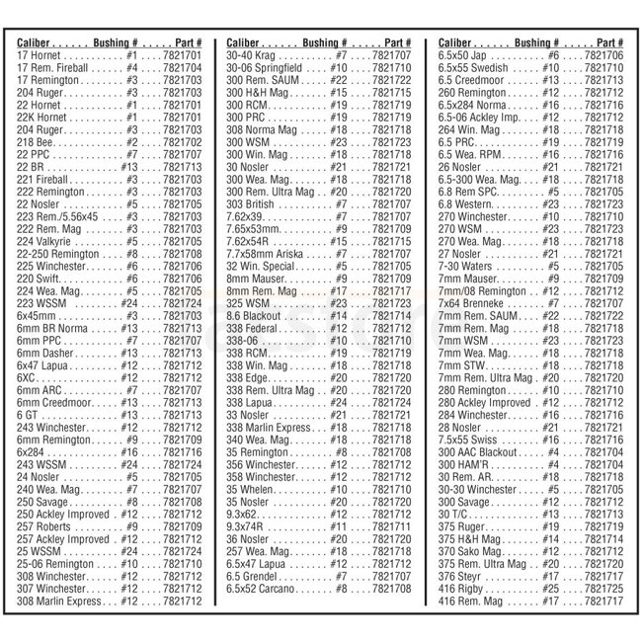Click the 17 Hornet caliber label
tap(39, 56)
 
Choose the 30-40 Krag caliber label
tap(252, 56)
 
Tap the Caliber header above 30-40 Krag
tap(246, 44)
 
